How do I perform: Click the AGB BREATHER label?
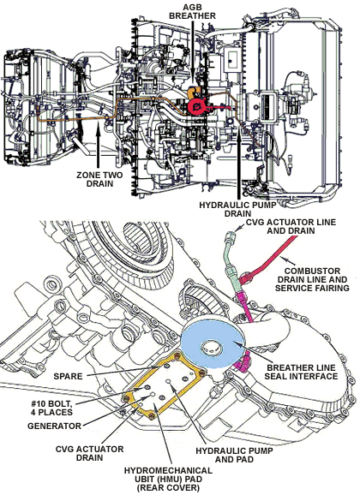[192, 11]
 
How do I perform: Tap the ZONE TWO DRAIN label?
[99, 179]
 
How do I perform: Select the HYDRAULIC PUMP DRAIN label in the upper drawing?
[237, 209]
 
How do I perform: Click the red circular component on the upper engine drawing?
[197, 106]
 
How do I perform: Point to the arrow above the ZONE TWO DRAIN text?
[99, 146]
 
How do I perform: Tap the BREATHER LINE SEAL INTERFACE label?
[301, 372]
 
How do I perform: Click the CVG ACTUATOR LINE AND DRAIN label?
[291, 226]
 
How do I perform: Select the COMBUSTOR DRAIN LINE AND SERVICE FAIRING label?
[312, 279]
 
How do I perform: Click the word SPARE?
[68, 376]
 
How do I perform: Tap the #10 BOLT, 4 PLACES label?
[52, 408]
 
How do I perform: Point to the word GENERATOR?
[54, 426]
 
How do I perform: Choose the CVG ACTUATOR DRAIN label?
[89, 453]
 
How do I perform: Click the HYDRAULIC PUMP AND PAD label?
[234, 455]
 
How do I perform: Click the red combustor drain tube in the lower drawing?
[268, 259]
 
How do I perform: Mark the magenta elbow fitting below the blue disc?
[242, 361]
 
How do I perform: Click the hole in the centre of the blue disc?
[209, 348]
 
